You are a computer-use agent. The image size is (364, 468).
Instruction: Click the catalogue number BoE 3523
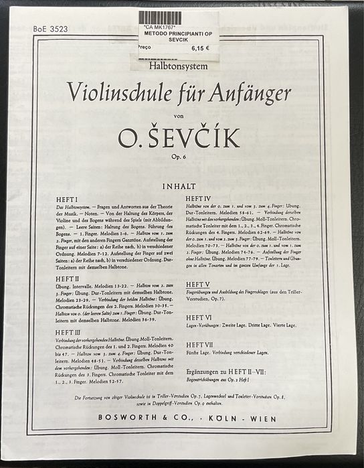(50, 29)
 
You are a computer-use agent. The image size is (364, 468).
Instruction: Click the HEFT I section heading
(68, 200)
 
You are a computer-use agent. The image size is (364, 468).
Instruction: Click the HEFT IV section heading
(199, 200)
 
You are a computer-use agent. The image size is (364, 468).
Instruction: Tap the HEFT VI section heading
(199, 317)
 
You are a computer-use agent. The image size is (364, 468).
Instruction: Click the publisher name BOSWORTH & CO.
(130, 415)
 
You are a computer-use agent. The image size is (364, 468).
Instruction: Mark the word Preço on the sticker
(144, 48)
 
